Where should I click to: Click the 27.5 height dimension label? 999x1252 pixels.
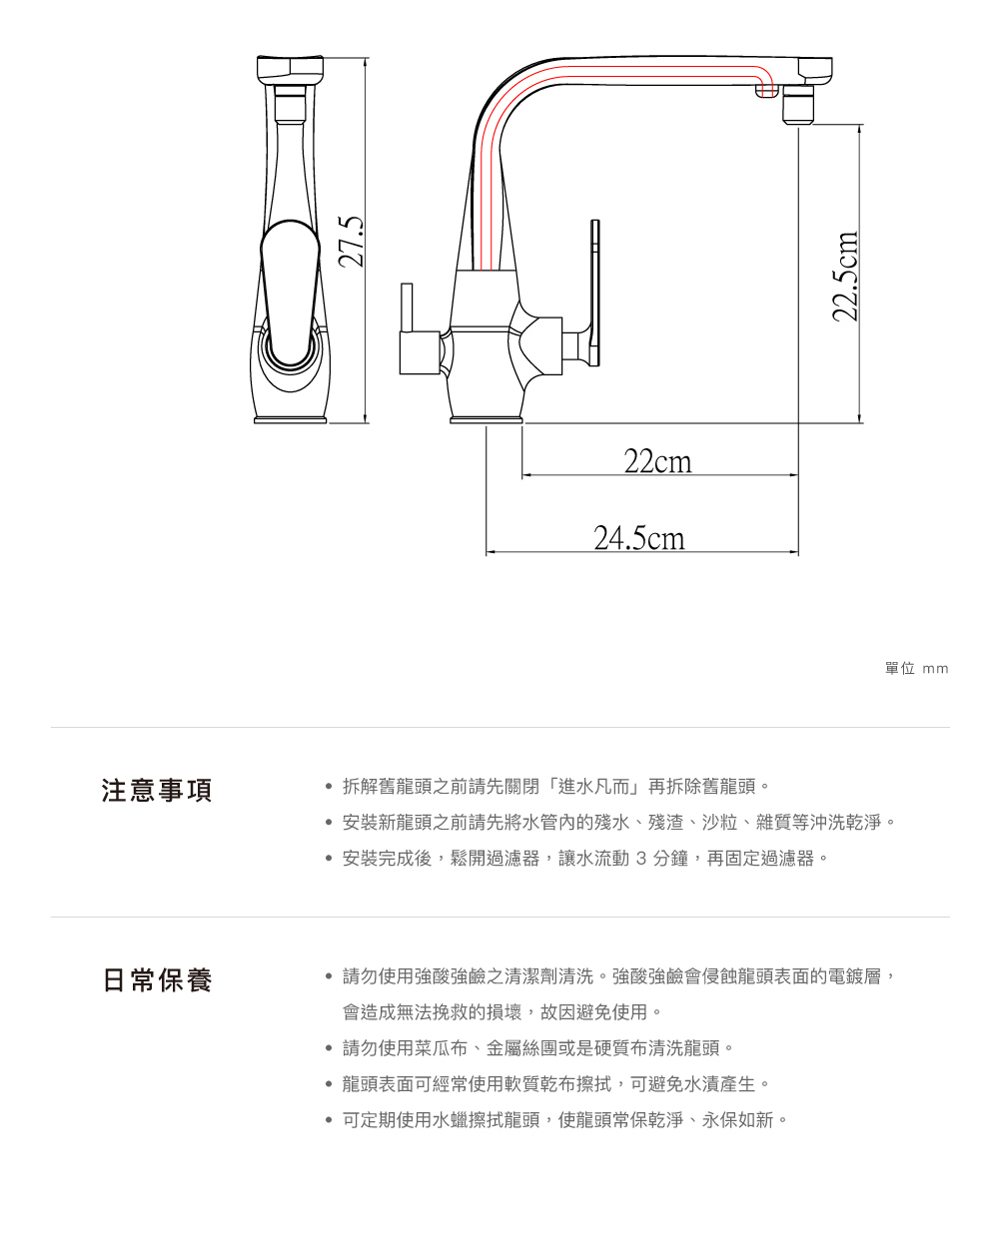point(351,242)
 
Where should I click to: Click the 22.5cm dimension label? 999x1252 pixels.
point(846,277)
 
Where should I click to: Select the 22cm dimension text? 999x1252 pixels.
point(657,461)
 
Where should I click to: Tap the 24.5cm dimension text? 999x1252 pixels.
point(639,538)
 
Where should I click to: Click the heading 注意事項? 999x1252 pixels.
point(157,791)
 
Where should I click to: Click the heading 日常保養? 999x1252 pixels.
point(157,980)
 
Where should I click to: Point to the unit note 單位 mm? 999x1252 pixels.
point(916,668)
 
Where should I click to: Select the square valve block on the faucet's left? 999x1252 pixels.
point(418,352)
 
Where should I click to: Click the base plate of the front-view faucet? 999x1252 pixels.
point(291,420)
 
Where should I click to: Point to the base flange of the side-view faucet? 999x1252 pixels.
point(487,420)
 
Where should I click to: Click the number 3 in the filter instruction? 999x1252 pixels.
point(641,859)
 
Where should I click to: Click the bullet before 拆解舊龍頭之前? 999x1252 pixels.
point(328,787)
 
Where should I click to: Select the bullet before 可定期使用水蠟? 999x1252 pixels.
point(328,1120)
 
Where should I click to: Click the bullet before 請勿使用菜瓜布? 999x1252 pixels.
point(328,1048)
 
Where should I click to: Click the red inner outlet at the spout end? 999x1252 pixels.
point(766,91)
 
